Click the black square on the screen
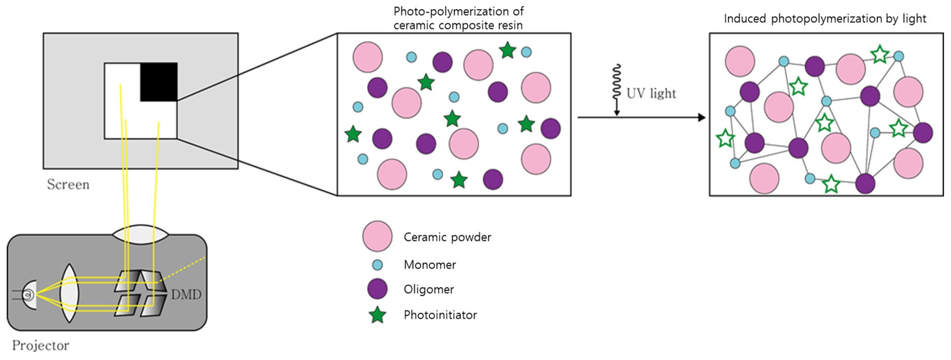coord(159,81)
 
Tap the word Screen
coord(68,184)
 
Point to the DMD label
coord(186,294)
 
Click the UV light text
coord(651,93)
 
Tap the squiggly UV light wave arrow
coord(617,87)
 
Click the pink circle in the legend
coord(377,236)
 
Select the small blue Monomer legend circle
coord(377,265)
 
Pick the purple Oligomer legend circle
coord(377,289)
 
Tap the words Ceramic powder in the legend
coord(447,237)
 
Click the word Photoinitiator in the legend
coord(440,315)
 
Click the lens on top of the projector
coord(140,235)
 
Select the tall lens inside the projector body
coord(69,293)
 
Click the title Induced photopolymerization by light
coord(825,18)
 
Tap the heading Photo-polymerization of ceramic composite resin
coord(458,18)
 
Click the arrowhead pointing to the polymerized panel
coord(702,117)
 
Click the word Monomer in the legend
coord(430,265)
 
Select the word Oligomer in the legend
coord(429,289)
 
